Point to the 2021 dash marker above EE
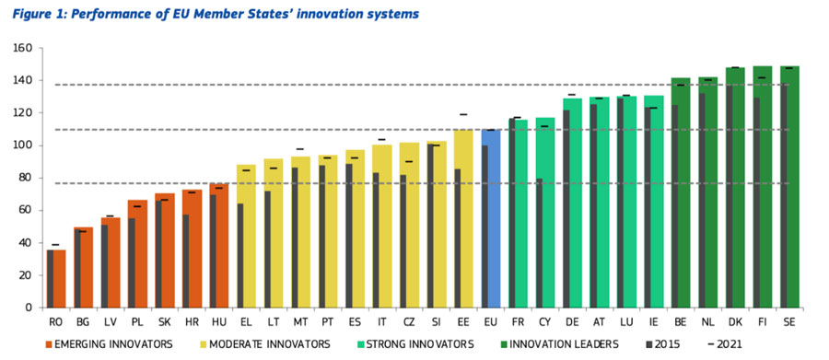[x=463, y=114]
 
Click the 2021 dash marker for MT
[x=300, y=149]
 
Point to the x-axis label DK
[x=735, y=320]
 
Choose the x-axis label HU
[x=218, y=320]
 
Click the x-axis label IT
[x=381, y=320]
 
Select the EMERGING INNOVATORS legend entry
[x=109, y=344]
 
